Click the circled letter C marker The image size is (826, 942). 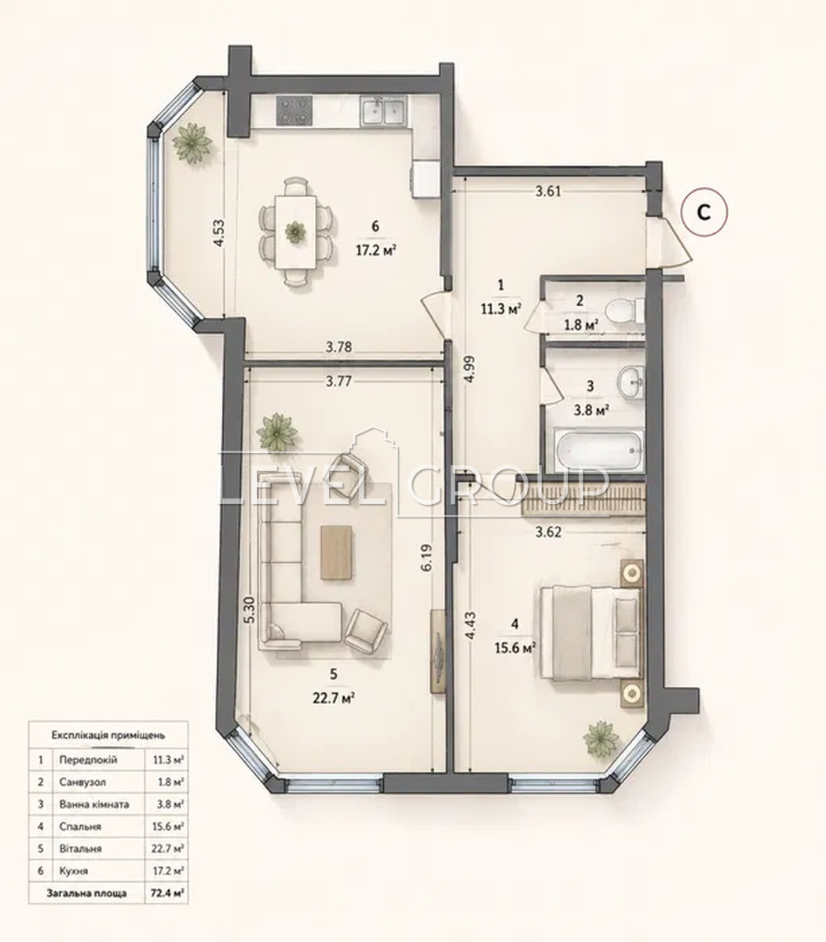(x=704, y=213)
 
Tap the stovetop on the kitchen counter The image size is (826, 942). (x=294, y=110)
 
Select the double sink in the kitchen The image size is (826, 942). (x=384, y=111)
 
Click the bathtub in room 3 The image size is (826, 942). (x=598, y=450)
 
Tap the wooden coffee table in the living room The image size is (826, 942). (x=336, y=553)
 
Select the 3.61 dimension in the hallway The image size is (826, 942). (x=548, y=192)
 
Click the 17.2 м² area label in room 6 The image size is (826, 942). (x=376, y=251)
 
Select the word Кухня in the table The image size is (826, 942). (x=74, y=871)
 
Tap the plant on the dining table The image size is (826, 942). (x=295, y=231)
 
